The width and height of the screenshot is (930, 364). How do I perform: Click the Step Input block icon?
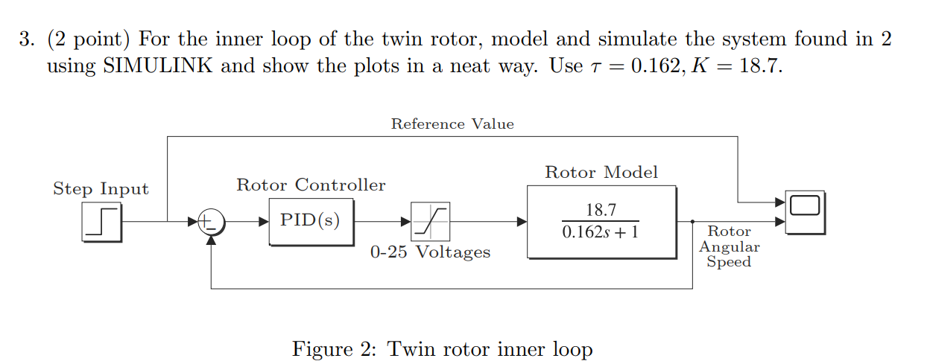[103, 222]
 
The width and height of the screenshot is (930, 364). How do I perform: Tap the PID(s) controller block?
[311, 221]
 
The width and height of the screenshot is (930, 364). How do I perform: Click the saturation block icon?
[429, 221]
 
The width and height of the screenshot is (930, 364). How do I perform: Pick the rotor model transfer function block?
[601, 222]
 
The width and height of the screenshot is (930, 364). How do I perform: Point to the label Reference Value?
[452, 124]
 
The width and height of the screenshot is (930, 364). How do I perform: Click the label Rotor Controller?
[311, 185]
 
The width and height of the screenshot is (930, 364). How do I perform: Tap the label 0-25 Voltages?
[430, 252]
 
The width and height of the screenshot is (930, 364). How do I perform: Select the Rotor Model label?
[601, 173]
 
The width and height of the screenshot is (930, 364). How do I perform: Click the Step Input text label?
[101, 189]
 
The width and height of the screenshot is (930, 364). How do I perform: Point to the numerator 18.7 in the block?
[601, 211]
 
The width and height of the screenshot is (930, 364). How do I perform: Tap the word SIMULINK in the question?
[158, 66]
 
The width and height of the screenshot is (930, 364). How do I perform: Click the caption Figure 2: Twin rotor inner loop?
[442, 348]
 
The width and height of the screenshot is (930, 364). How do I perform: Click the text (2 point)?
[89, 39]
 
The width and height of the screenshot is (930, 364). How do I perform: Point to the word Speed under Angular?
[729, 262]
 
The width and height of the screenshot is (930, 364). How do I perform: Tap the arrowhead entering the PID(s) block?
[264, 221]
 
